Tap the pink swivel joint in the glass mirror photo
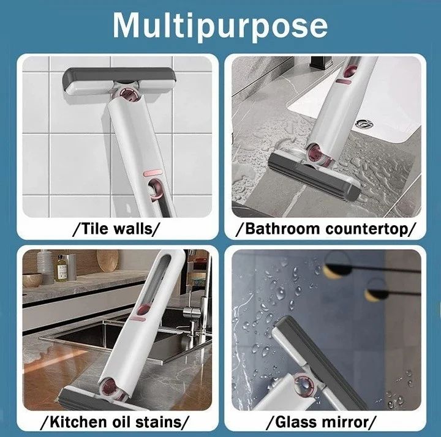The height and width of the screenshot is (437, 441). click(x=303, y=386)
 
